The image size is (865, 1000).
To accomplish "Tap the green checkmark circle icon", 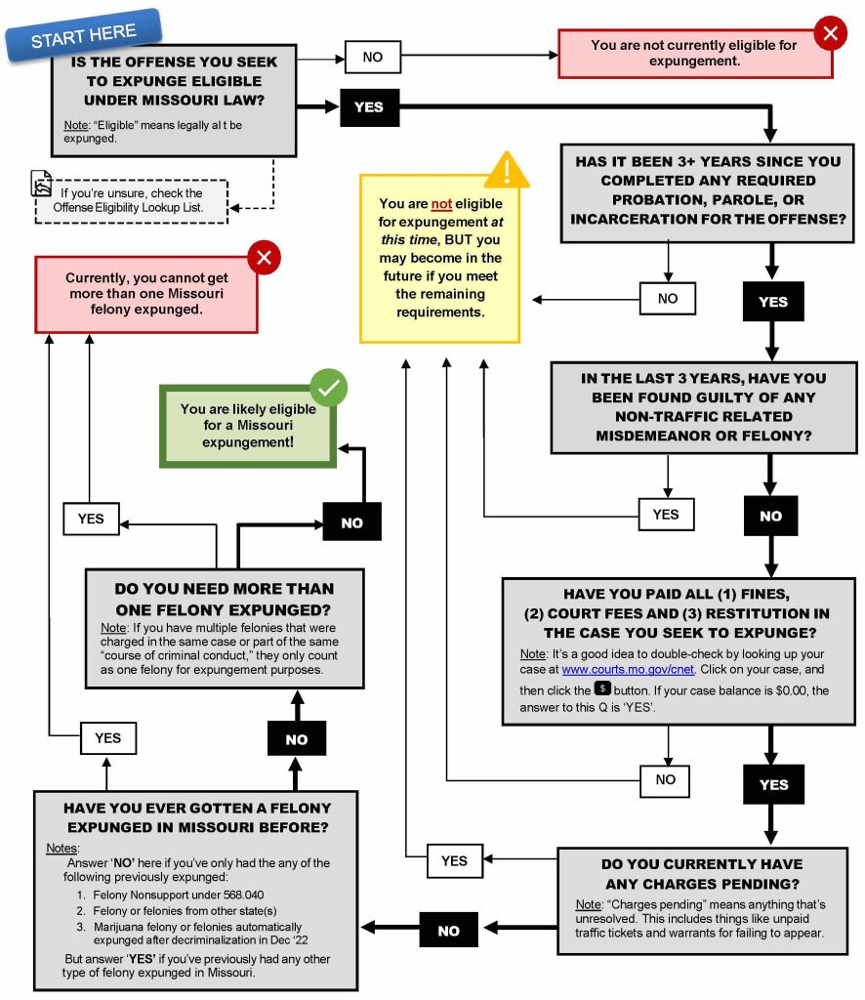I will (x=329, y=388).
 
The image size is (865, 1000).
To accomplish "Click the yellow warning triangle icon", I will (x=508, y=170).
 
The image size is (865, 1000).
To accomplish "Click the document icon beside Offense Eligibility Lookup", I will (x=41, y=184).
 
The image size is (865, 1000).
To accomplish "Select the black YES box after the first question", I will (x=368, y=106).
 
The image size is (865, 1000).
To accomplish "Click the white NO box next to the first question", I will (x=373, y=58).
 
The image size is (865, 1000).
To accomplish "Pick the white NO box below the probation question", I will (x=668, y=298).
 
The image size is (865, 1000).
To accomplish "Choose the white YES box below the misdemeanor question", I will (x=666, y=514).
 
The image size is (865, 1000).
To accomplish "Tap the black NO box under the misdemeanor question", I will (x=770, y=516).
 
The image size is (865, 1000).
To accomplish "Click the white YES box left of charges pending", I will (x=454, y=860).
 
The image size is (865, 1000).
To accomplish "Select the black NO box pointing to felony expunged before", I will (x=448, y=931).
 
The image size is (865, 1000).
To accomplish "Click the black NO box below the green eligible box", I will (x=351, y=522).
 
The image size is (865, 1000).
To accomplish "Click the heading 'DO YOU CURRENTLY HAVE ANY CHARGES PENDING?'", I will (x=702, y=874).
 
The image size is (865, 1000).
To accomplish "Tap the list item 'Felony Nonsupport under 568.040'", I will (x=178, y=895).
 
